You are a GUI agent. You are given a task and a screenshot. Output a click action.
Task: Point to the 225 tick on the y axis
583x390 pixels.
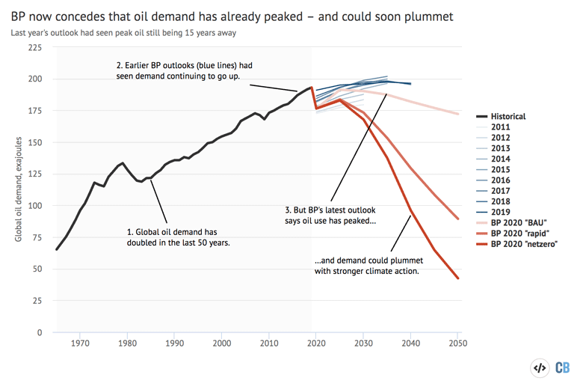tap(33, 47)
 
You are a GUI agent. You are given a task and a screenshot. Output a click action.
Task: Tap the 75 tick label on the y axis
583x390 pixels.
tap(36, 237)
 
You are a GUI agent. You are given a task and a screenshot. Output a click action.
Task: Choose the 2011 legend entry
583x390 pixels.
tap(502, 128)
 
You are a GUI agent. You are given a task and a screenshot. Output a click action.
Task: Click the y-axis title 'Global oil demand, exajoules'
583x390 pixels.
tap(18, 189)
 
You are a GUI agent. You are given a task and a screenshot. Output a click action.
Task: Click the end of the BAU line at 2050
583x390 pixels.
tap(458, 114)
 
